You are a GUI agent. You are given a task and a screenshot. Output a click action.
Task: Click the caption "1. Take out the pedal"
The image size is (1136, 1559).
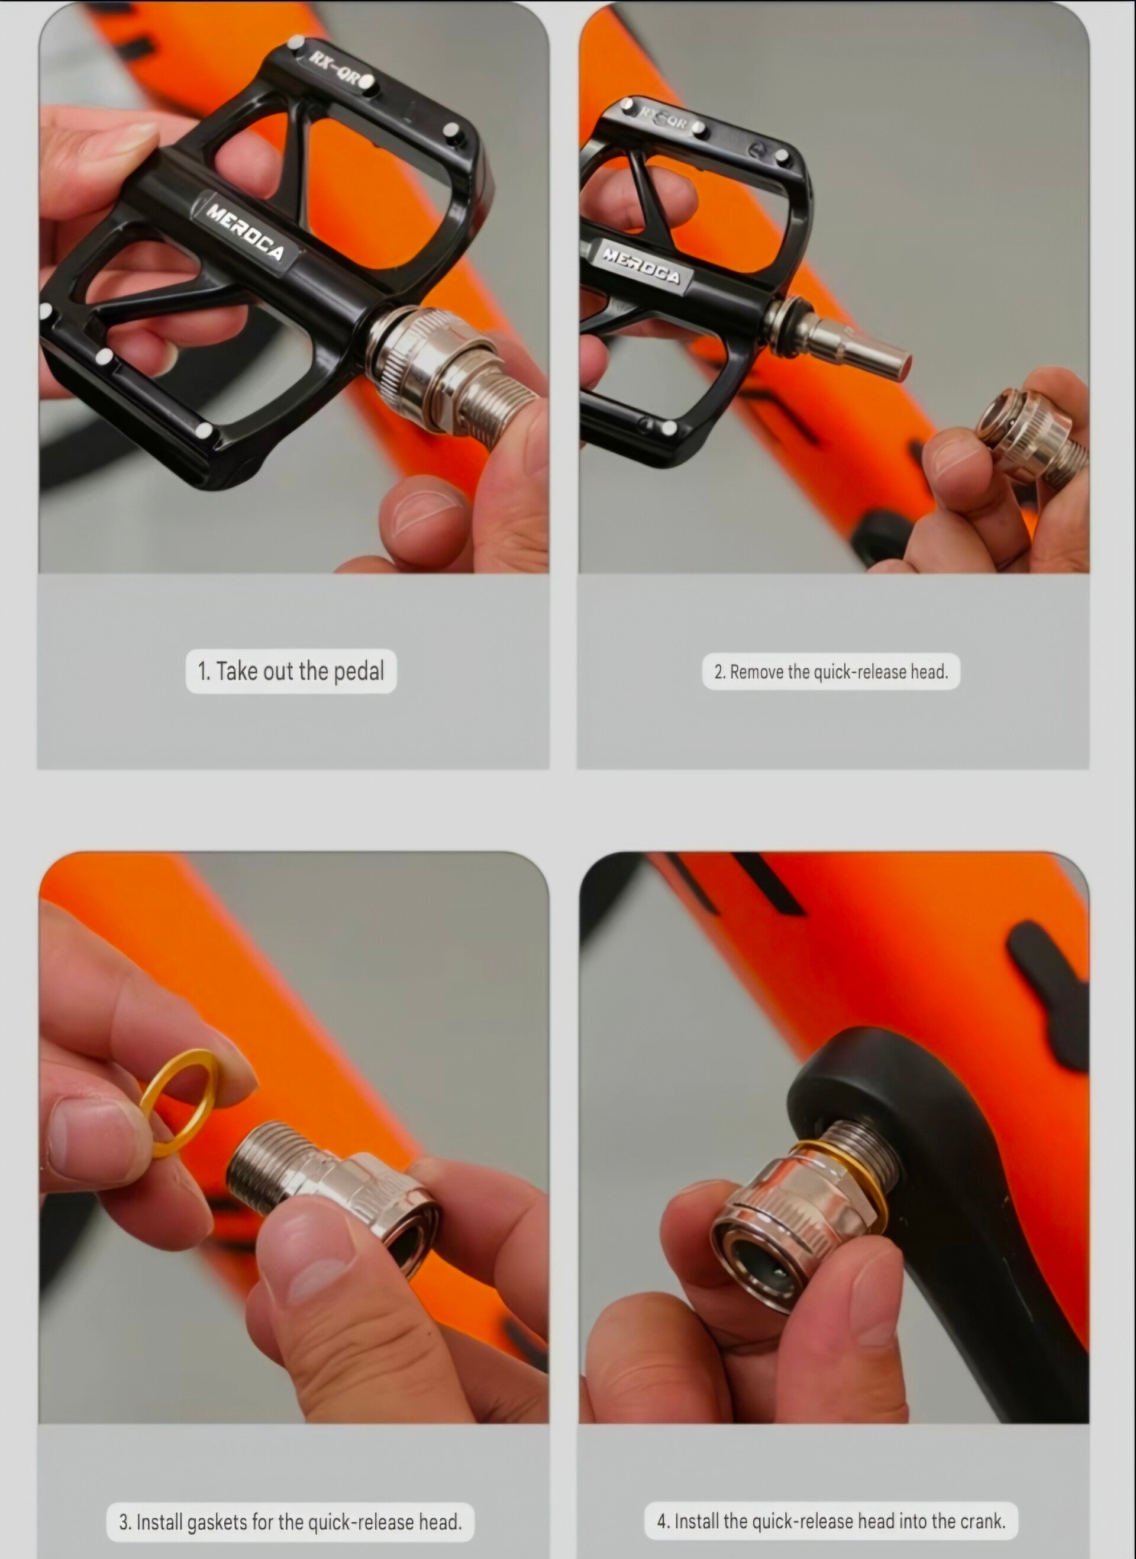click(291, 671)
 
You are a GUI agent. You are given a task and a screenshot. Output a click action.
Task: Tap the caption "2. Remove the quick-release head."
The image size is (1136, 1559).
click(831, 672)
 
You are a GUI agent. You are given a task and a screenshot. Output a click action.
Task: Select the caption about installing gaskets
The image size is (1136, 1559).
click(290, 1522)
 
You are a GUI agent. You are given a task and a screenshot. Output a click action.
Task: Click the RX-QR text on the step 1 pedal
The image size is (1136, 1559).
click(334, 68)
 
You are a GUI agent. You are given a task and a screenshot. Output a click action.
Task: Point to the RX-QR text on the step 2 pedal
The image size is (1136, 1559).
click(664, 118)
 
